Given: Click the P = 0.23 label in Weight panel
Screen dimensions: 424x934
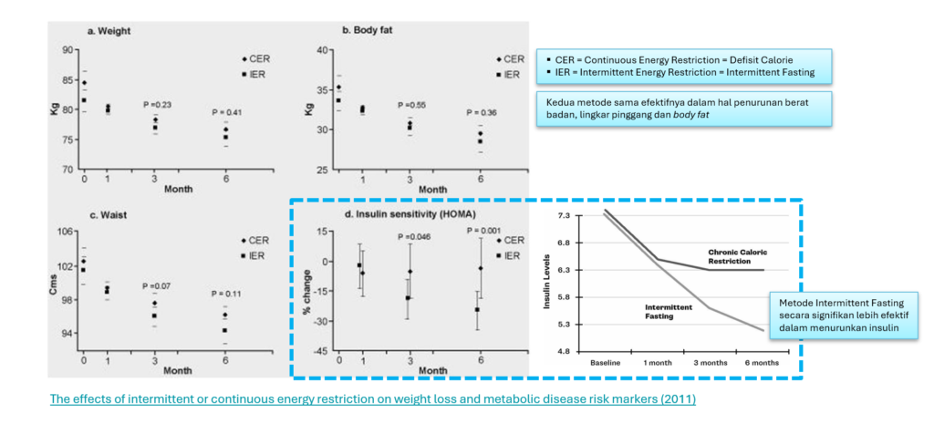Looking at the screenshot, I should point(157,105).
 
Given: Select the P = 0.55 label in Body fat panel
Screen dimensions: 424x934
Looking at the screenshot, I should point(412,105).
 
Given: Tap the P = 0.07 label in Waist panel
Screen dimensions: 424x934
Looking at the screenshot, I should point(157,287).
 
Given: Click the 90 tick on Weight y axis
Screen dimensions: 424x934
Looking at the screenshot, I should point(67,49).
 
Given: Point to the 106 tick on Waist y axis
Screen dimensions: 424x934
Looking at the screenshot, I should point(64,232).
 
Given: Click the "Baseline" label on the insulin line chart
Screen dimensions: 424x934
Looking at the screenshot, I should point(605,363).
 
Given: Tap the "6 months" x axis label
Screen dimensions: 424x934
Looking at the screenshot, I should point(761,363).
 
